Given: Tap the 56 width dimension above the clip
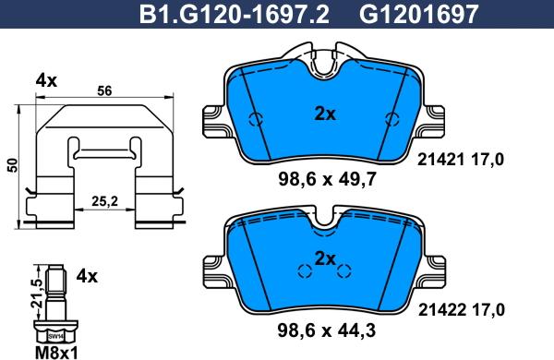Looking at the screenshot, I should coord(104,90).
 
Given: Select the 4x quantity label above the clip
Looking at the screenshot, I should coord(46,81).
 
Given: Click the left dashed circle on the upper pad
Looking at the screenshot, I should coord(259,120).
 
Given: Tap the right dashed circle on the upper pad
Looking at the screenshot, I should coord(391,120).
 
